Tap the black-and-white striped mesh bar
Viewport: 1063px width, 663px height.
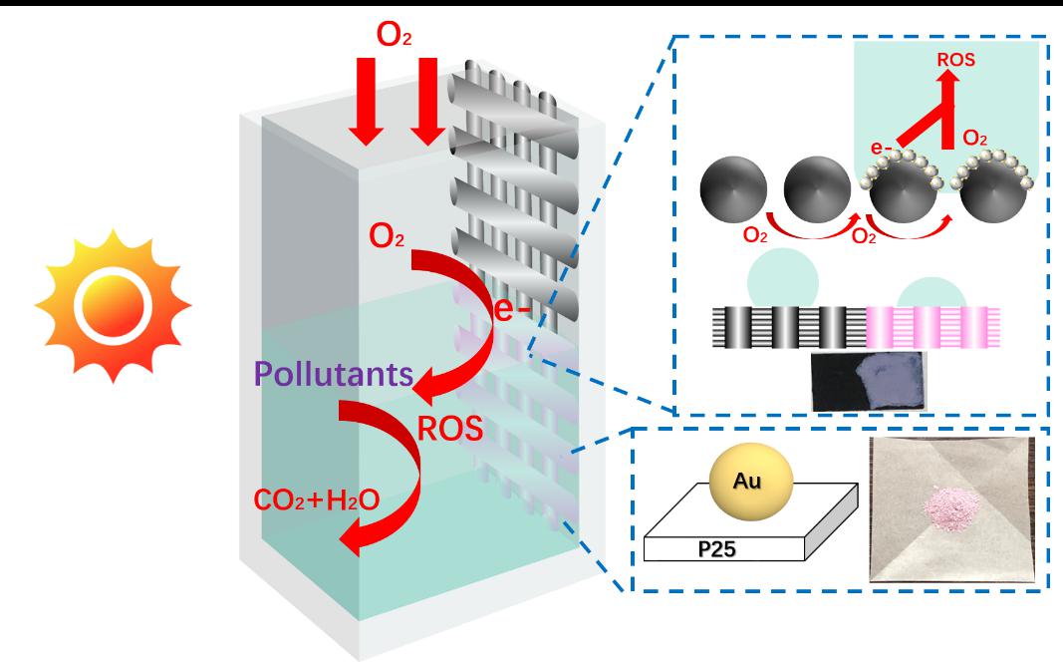(779, 326)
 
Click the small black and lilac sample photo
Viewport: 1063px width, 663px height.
(870, 380)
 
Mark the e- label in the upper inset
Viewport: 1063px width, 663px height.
(880, 149)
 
